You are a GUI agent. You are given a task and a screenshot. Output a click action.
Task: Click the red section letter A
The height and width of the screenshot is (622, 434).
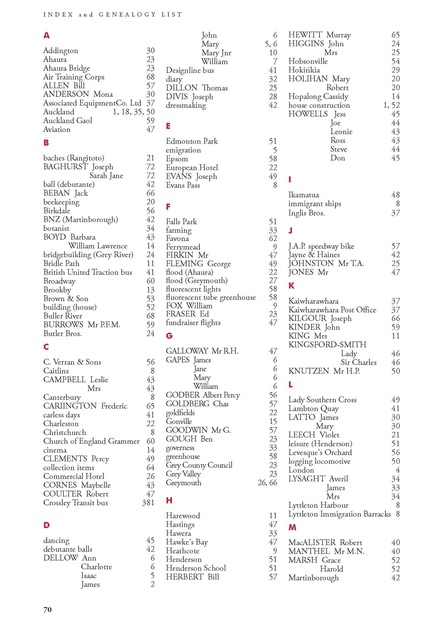pos(46,36)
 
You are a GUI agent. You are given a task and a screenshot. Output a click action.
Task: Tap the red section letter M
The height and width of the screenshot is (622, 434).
pos(292,528)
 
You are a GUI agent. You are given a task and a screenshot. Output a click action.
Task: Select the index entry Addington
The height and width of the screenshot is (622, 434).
pos(61,50)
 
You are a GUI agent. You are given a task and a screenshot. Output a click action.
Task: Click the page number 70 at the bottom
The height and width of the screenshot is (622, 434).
pos(48,610)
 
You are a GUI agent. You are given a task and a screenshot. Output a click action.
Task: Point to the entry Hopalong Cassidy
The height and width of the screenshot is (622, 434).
pos(318,97)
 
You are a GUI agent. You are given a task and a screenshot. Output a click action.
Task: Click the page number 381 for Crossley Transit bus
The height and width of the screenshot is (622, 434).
pos(148,503)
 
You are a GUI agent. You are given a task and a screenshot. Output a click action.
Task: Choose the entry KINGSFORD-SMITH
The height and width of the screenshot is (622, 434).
pos(327,345)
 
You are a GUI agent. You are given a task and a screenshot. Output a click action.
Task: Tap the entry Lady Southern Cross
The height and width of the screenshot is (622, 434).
pos(322,400)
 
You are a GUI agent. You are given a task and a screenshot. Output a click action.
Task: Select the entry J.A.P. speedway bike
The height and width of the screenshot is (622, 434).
pos(321,246)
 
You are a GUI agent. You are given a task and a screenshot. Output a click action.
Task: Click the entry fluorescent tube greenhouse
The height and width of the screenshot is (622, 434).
pos(211,297)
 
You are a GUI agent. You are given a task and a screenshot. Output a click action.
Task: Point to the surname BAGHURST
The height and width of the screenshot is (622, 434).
pos(65,167)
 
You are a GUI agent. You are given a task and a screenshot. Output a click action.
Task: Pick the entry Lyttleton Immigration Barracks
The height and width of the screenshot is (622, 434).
pos(340,514)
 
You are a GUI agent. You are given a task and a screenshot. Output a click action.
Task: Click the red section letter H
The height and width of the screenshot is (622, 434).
pos(169,500)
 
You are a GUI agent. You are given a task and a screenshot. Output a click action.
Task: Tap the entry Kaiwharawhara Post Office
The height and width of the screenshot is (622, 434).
pos(332,310)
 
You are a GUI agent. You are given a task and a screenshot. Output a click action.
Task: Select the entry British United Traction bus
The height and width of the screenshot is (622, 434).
pos(88,272)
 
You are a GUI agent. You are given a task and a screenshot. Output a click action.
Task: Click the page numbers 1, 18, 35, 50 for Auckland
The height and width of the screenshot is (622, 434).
pos(134,112)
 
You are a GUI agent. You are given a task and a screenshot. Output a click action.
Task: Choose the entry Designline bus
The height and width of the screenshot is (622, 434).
pos(190,70)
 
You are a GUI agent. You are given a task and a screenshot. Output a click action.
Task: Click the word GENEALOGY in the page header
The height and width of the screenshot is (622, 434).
pos(127,15)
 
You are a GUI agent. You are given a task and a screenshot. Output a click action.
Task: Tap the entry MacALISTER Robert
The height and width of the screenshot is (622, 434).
pos(325,542)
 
